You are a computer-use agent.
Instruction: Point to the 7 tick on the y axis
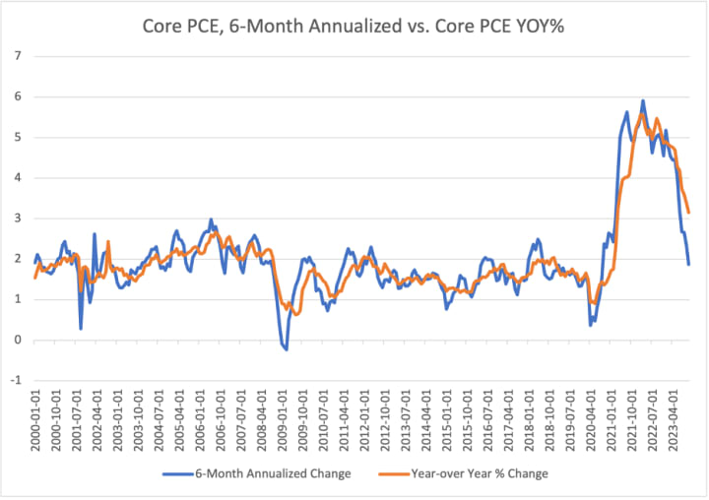point(18,55)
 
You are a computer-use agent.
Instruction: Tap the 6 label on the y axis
point(18,96)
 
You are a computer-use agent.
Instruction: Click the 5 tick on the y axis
point(18,137)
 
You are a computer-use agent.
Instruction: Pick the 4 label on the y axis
point(18,178)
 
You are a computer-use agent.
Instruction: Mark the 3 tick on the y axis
point(18,219)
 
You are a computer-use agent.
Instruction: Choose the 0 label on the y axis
point(18,341)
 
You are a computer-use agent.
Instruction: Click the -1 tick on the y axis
point(16,381)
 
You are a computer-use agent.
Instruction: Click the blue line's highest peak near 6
point(643,100)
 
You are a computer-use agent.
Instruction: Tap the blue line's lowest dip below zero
point(287,349)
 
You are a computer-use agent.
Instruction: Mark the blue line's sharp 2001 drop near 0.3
point(81,329)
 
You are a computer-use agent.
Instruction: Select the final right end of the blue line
point(688,265)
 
